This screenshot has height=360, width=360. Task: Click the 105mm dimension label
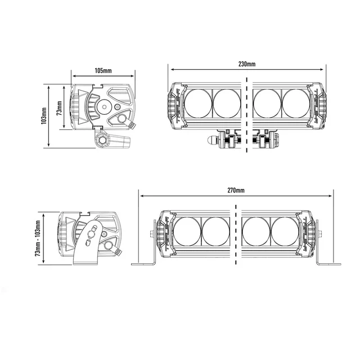pyautogui.click(x=103, y=70)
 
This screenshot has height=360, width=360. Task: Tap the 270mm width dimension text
pyautogui.click(x=236, y=191)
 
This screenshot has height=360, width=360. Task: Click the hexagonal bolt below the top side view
pyautogui.click(x=102, y=139)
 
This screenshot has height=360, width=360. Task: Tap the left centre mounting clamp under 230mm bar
pyautogui.click(x=231, y=139)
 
